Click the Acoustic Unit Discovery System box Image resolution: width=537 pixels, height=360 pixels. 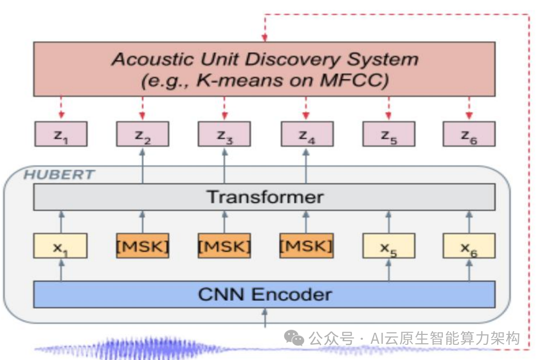(264, 69)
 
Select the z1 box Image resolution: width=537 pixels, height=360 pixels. (61, 134)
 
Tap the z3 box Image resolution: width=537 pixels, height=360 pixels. (224, 134)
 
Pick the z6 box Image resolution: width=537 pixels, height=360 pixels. (469, 134)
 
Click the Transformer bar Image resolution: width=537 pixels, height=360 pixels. (264, 197)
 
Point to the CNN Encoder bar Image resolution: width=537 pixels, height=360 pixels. (264, 294)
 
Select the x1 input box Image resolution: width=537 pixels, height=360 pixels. (61, 246)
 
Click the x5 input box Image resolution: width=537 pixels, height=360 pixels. (388, 246)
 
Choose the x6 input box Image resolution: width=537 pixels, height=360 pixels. (469, 246)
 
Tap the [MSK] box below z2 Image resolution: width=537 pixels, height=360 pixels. (142, 246)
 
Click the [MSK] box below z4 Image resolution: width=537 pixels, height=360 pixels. (306, 246)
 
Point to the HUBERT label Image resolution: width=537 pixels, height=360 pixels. (59, 174)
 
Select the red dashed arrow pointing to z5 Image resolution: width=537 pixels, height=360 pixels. (388, 108)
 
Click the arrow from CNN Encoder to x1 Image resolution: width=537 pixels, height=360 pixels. (61, 270)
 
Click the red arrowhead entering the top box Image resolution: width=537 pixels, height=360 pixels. (264, 38)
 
